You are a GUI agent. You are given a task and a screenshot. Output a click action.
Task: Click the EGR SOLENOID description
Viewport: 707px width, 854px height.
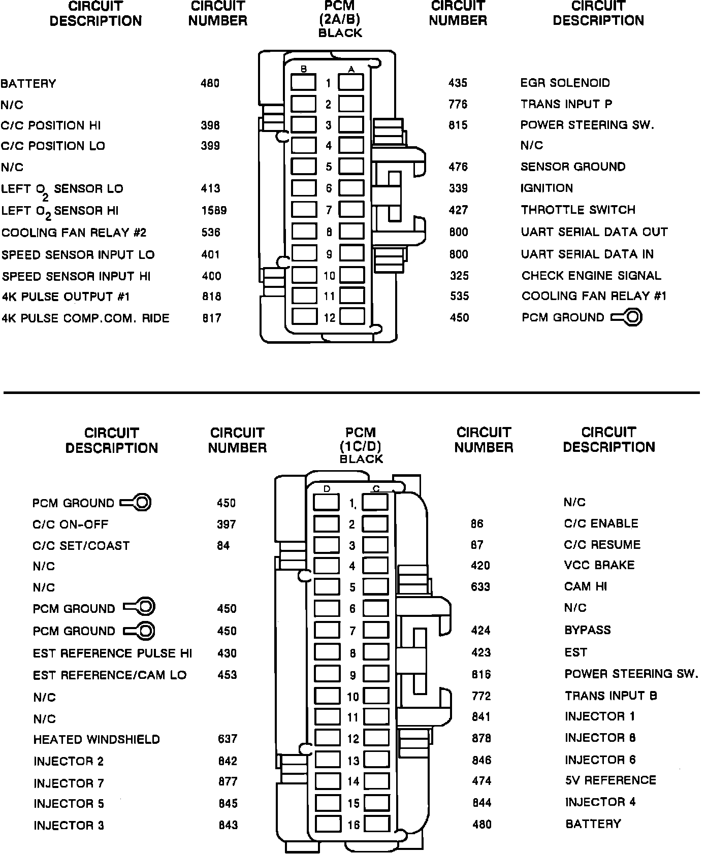(565, 83)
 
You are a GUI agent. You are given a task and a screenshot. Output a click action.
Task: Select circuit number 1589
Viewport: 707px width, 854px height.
(213, 210)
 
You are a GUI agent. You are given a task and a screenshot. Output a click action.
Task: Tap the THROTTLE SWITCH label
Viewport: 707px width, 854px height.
(578, 210)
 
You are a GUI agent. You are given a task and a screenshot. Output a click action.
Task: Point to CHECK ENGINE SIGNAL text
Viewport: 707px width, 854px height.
(591, 276)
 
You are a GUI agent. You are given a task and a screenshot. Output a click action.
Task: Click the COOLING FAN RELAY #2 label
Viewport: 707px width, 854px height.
(74, 233)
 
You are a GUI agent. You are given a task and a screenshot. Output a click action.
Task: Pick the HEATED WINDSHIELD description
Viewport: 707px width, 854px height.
(97, 739)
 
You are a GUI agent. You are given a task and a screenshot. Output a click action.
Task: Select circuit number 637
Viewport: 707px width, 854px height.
(227, 739)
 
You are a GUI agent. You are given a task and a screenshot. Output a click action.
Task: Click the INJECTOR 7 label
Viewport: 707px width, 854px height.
(69, 783)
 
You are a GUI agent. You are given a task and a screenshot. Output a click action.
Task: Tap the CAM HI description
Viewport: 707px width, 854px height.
(585, 586)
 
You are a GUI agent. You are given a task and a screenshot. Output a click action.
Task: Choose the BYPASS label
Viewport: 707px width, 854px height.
(587, 630)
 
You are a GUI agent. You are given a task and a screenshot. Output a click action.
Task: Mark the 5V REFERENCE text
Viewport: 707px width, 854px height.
(610, 780)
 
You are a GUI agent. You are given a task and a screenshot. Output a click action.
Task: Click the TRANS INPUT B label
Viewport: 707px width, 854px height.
(610, 696)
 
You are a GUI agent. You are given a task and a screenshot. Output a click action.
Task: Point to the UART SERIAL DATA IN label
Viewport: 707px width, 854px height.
(587, 254)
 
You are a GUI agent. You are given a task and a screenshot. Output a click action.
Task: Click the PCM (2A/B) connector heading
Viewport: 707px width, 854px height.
(340, 20)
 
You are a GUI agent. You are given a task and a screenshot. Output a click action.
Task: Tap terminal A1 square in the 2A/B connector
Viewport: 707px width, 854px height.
(351, 82)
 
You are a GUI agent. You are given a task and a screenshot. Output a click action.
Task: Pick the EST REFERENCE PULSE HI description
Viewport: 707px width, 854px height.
(112, 653)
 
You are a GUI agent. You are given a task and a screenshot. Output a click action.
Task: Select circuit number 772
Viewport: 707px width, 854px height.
(480, 696)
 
